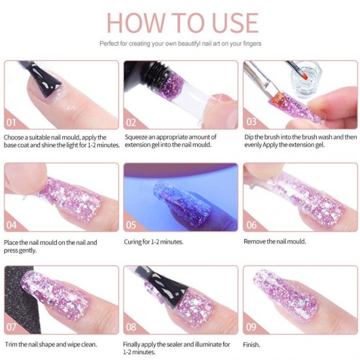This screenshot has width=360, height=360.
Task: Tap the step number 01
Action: click(11, 122)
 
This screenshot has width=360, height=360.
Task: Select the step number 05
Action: click(131, 225)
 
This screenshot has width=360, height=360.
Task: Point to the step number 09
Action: click(251, 327)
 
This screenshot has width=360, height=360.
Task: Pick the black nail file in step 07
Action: click(20, 298)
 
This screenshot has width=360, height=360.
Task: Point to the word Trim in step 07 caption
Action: click(10, 344)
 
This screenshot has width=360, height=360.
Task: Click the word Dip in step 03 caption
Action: click(249, 137)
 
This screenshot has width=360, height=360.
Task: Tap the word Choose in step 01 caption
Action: click(14, 137)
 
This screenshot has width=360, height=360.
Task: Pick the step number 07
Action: click(11, 327)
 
